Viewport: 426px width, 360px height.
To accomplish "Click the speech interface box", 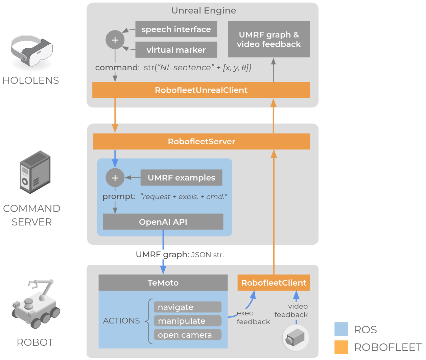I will [x=176, y=29].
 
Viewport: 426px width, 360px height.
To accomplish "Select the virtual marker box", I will [x=176, y=50].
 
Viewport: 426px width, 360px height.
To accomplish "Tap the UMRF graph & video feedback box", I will [x=269, y=39].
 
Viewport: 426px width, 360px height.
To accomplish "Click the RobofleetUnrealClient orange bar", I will [x=201, y=90].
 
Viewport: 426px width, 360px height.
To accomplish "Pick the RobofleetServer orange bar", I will [x=201, y=142].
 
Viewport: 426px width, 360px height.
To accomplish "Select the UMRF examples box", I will [x=181, y=178].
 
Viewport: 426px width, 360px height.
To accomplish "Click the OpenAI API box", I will [x=163, y=222].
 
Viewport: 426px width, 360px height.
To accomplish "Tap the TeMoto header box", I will [x=163, y=283].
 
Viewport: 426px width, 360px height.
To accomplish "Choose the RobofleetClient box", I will [x=274, y=283].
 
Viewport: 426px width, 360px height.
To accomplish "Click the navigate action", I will [x=188, y=307].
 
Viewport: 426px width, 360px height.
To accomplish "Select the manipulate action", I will [x=188, y=321].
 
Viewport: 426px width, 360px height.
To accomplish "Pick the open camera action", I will [x=188, y=335].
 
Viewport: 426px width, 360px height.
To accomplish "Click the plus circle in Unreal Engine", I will [x=115, y=40].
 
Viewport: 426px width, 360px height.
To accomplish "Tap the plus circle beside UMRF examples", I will [x=115, y=178].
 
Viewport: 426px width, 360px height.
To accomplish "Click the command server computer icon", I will [x=35, y=172].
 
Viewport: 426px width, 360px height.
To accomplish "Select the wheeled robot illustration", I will [x=36, y=304].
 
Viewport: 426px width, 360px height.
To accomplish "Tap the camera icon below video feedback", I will [x=295, y=338].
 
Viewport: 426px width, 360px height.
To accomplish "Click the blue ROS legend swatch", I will [x=341, y=329].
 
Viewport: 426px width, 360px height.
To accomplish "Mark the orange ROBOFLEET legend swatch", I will [x=341, y=347].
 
